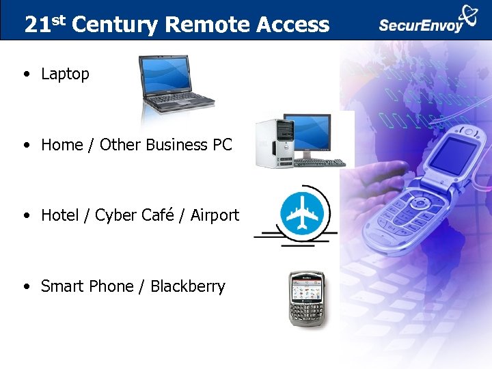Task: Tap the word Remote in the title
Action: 208,25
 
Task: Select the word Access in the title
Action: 293,25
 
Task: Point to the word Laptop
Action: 65,74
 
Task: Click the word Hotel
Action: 60,215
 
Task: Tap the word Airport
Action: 215,215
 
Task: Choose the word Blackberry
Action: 188,286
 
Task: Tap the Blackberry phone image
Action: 305,299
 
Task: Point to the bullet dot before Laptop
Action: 25,74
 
